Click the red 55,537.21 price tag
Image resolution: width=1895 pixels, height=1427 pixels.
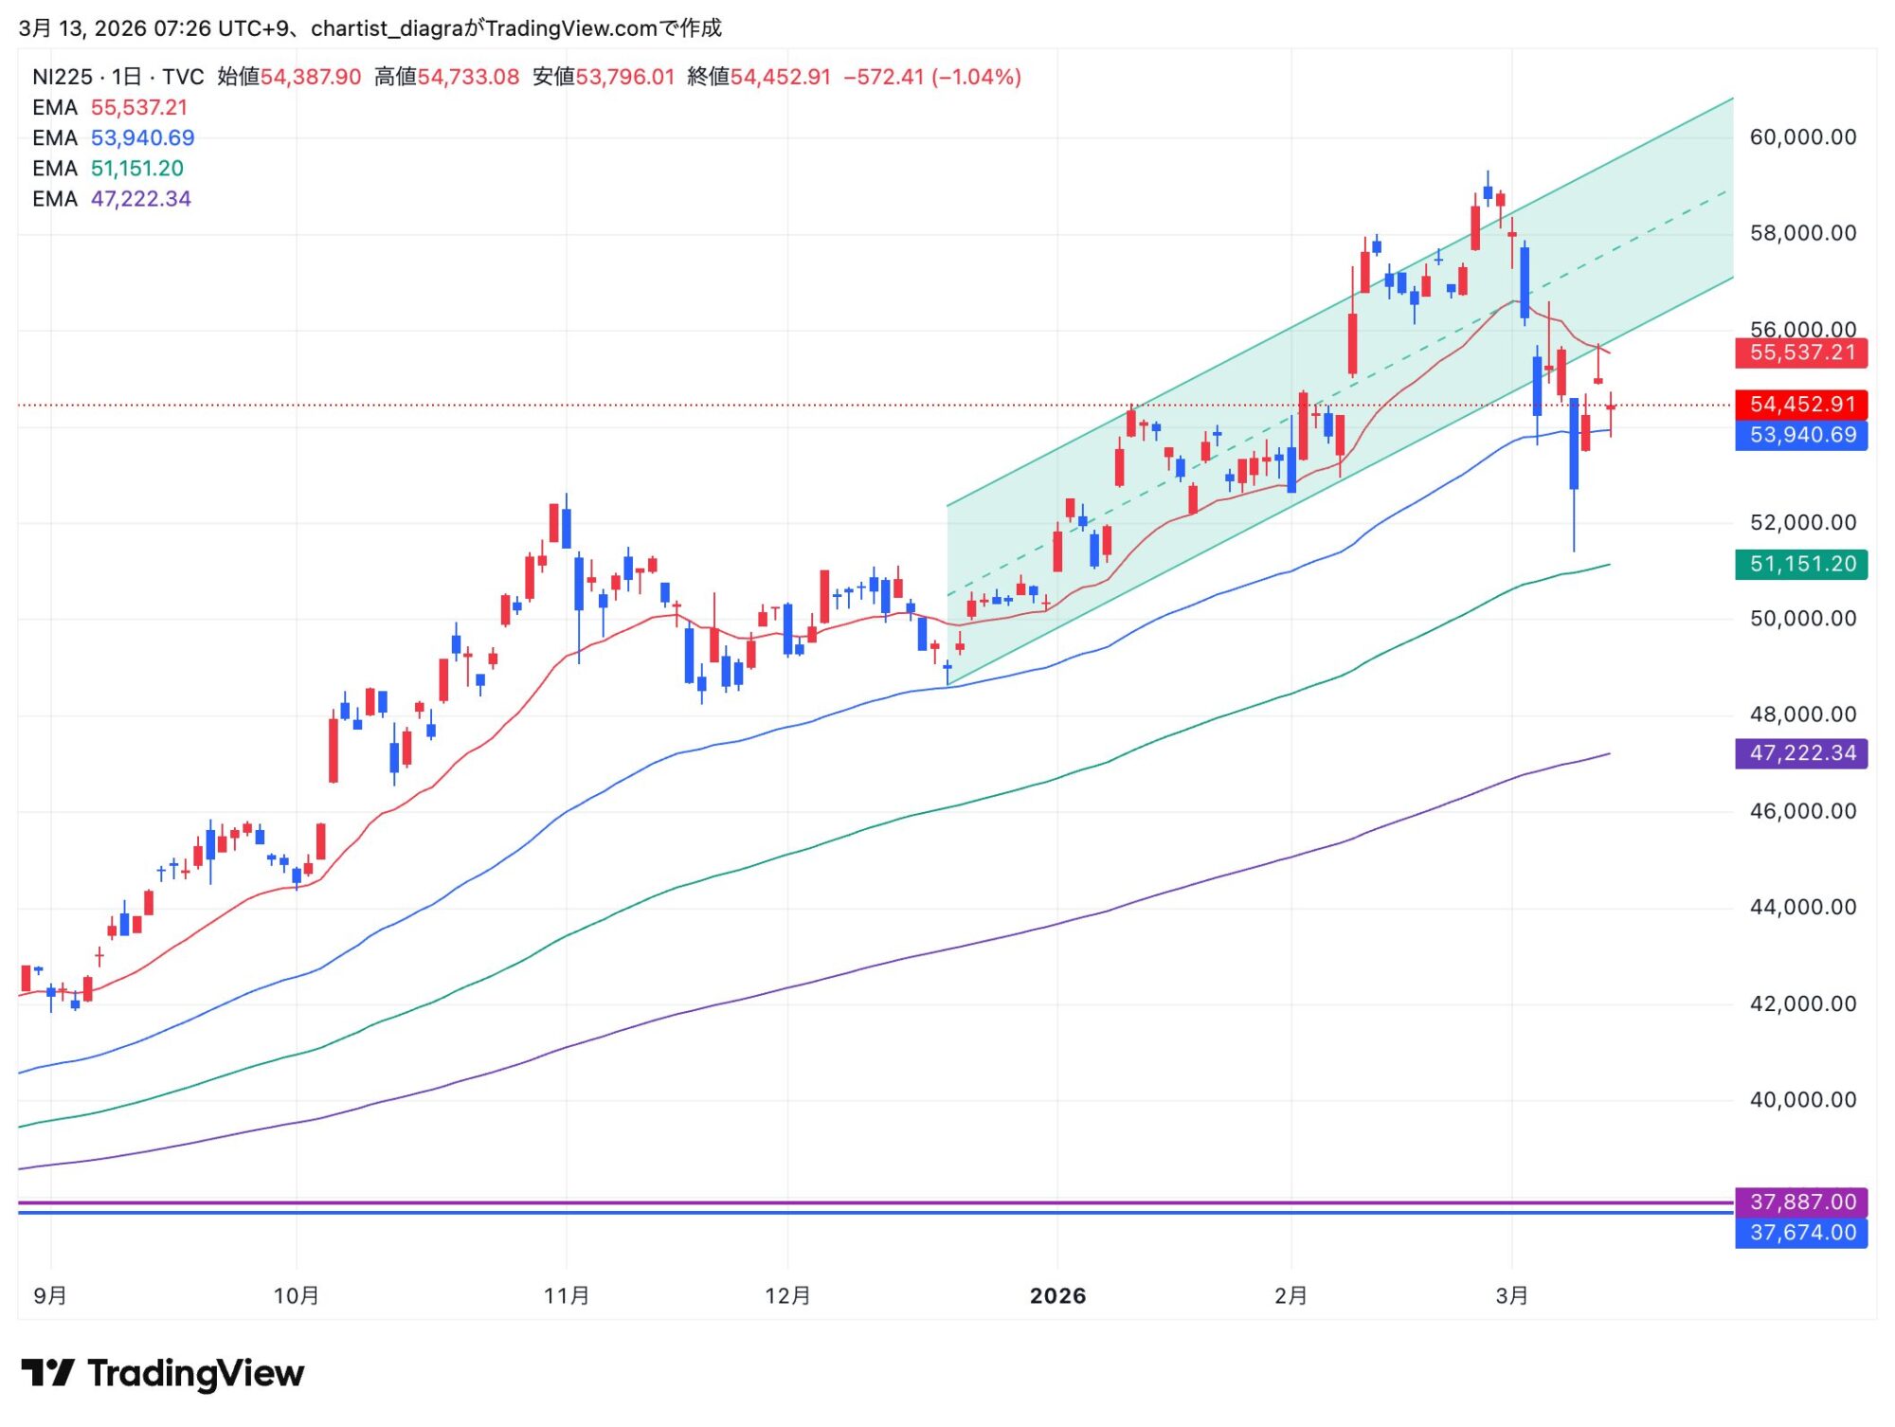point(1801,353)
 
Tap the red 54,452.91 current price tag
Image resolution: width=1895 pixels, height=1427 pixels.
point(1801,405)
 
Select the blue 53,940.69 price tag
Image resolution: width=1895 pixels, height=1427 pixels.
point(1801,436)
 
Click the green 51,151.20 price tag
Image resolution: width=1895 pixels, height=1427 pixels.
point(1801,565)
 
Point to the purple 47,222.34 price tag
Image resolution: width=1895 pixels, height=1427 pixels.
point(1801,753)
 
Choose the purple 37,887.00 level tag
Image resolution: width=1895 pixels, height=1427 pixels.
point(1801,1202)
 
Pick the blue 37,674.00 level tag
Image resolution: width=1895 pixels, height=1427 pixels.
point(1801,1233)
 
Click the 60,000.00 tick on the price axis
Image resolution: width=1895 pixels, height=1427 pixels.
point(1802,137)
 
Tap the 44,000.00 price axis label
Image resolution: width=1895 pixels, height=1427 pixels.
point(1802,908)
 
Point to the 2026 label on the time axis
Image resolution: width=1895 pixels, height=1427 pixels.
point(1057,1296)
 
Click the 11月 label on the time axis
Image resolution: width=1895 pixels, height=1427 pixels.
point(567,1296)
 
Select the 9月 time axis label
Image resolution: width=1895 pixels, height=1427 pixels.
point(50,1296)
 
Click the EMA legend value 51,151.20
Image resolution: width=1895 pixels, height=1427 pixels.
point(137,169)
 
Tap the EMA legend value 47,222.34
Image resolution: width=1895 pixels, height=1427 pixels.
point(141,199)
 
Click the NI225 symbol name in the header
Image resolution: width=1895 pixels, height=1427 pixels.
point(63,77)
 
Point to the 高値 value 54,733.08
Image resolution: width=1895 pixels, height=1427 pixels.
point(469,77)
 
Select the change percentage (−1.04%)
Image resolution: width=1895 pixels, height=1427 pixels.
point(977,77)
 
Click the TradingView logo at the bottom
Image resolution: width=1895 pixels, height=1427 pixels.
point(163,1373)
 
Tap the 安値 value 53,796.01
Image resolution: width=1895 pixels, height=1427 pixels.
point(625,77)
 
